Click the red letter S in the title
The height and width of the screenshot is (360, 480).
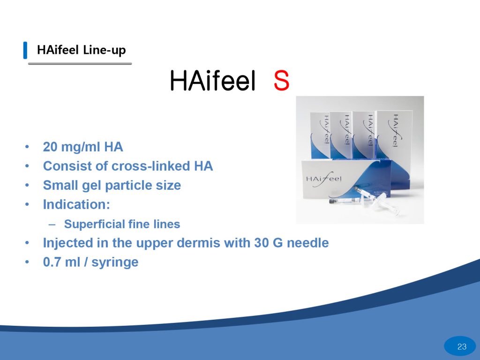[x=281, y=81]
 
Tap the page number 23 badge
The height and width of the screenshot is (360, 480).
[x=462, y=346]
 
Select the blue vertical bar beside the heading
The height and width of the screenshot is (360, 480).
[x=25, y=50]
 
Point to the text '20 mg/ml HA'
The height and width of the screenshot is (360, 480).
[x=83, y=147]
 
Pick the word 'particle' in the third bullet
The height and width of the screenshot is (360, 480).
[x=129, y=186]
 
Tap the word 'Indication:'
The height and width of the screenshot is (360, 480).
[x=76, y=204]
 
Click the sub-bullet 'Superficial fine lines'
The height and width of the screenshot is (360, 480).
[x=122, y=224]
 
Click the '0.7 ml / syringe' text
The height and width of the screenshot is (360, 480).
[x=90, y=262]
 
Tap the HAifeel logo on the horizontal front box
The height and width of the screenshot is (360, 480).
[x=324, y=179]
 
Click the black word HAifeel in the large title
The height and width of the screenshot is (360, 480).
[x=212, y=81]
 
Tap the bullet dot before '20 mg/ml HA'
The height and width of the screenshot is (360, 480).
[x=27, y=147]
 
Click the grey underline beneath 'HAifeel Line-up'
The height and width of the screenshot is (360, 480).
[x=80, y=64]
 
